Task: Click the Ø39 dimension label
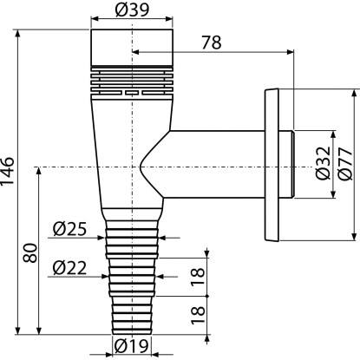(132, 10)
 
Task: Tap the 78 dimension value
(212, 43)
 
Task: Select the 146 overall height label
(7, 171)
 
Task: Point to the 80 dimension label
(30, 253)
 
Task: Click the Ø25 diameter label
(69, 229)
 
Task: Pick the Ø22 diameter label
(69, 268)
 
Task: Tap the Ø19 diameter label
(132, 345)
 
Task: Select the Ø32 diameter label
(323, 163)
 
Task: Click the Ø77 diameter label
(345, 164)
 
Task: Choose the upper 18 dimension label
(198, 277)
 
